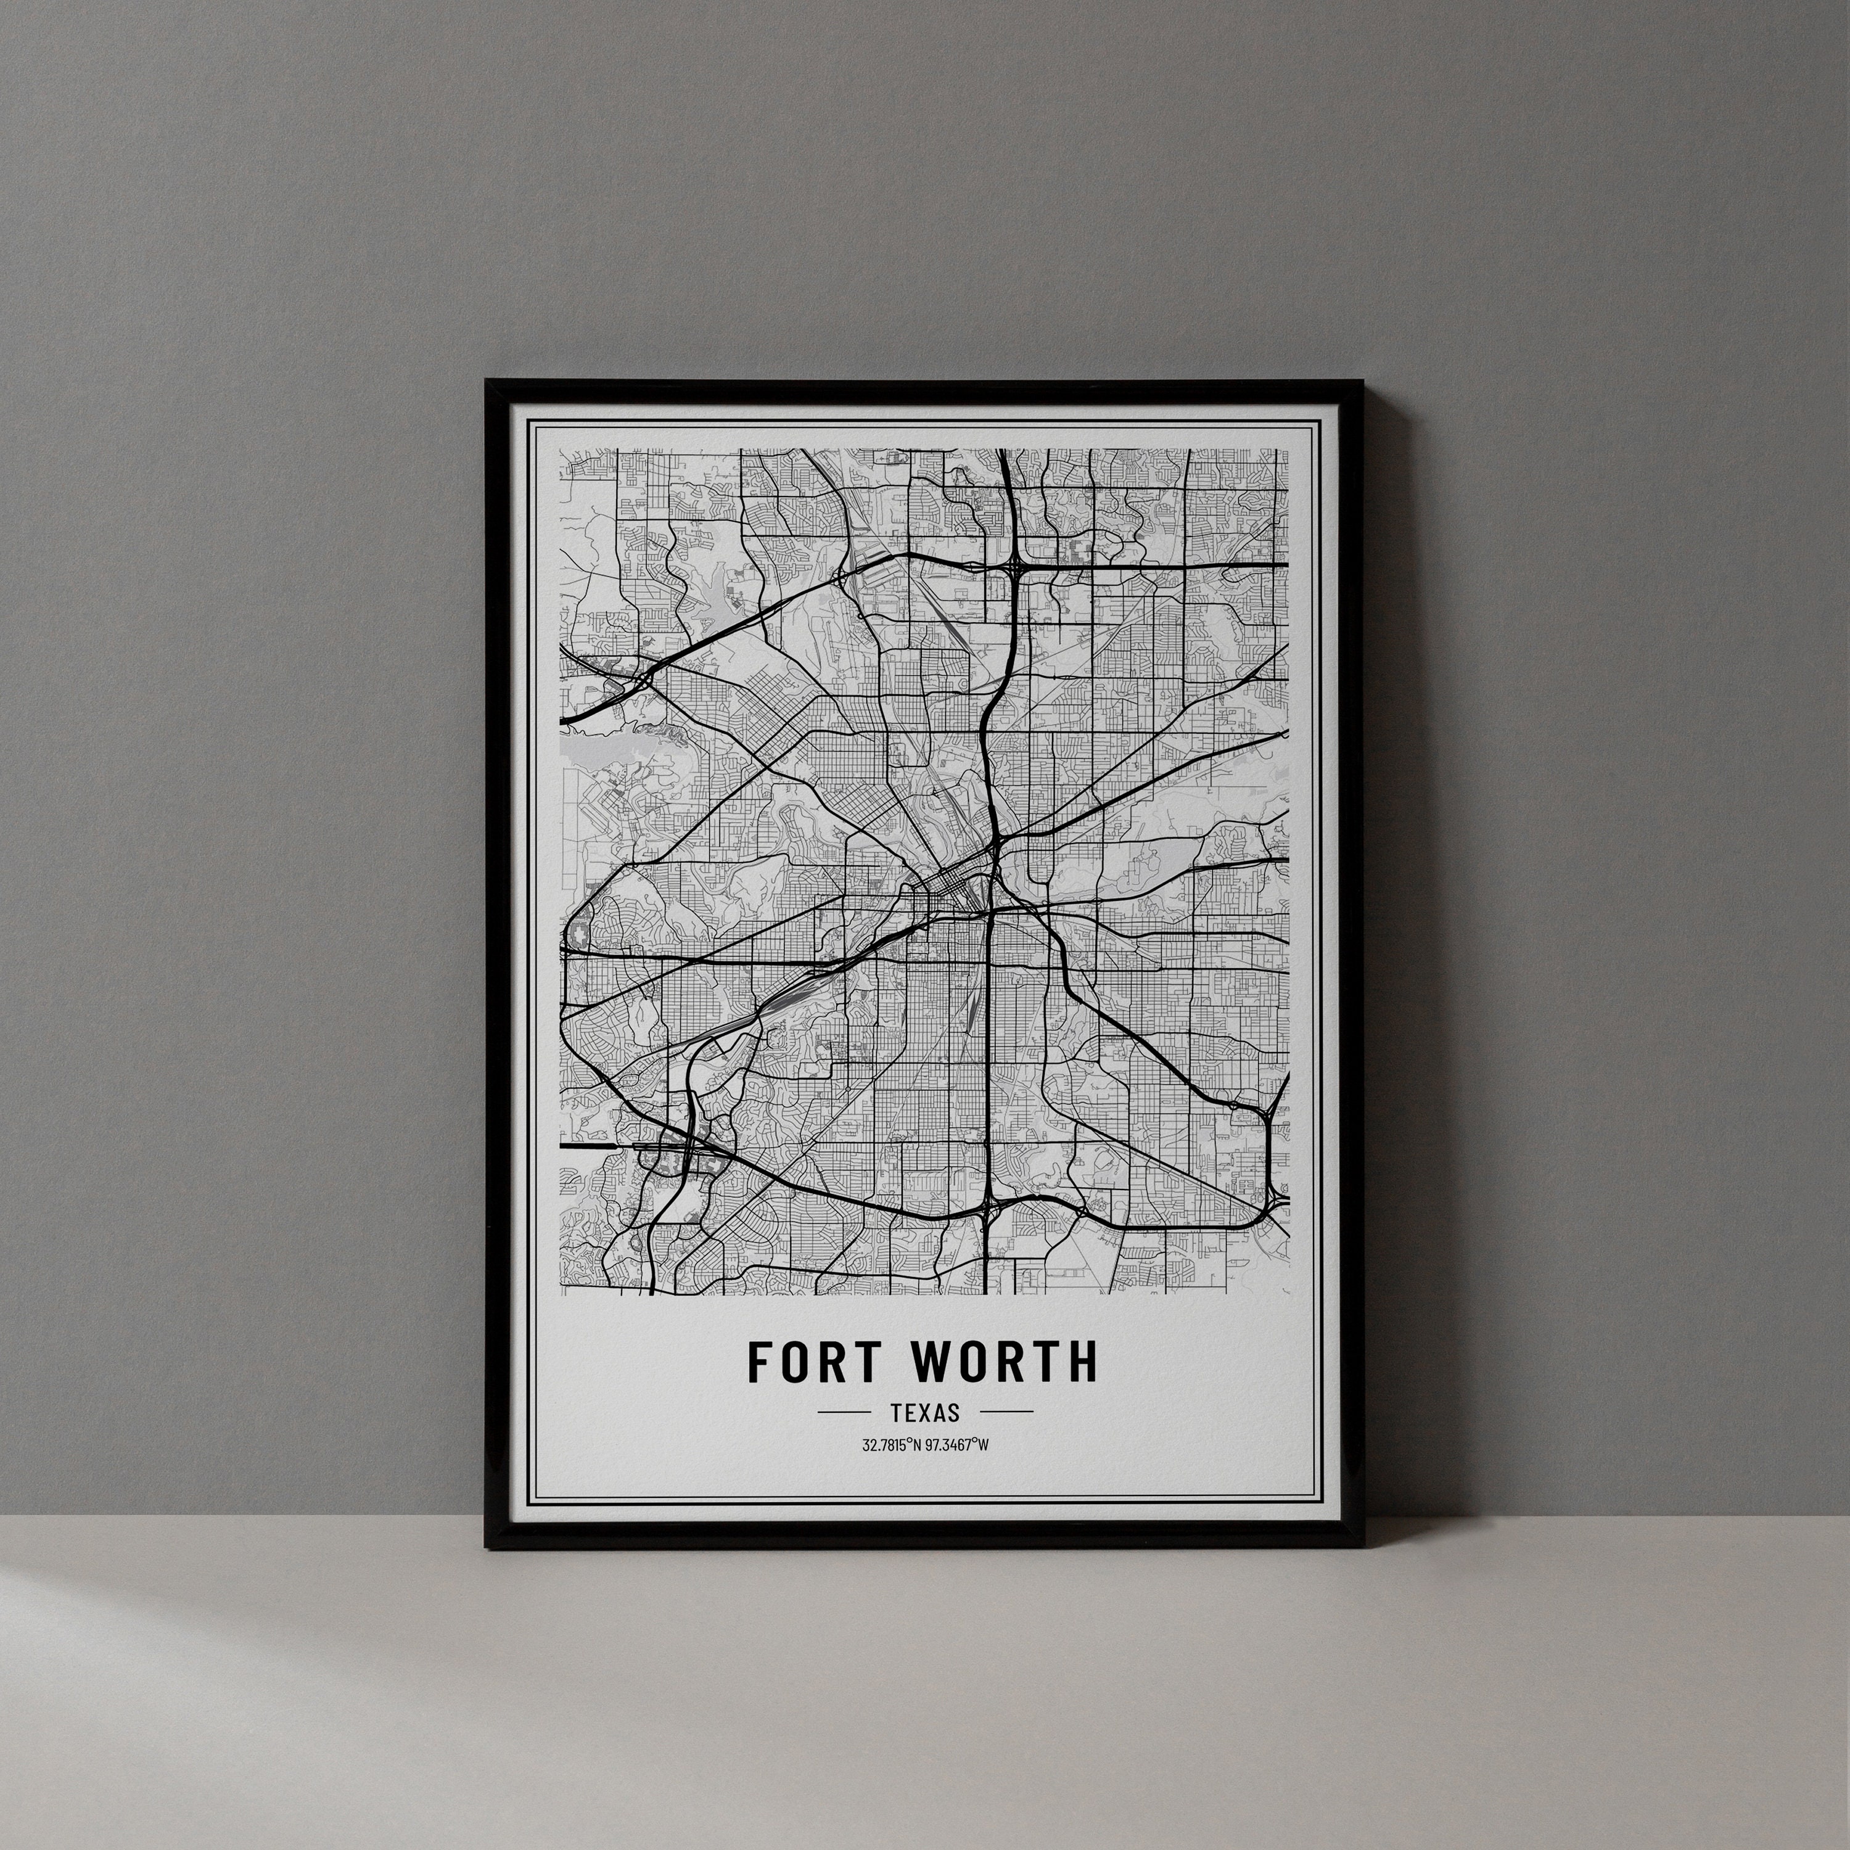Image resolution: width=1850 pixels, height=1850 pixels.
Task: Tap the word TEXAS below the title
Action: [x=924, y=1412]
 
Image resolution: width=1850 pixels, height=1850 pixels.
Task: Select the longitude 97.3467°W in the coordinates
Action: [x=958, y=1445]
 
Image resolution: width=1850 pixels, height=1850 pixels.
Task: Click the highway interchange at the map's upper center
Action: [x=1013, y=567]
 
